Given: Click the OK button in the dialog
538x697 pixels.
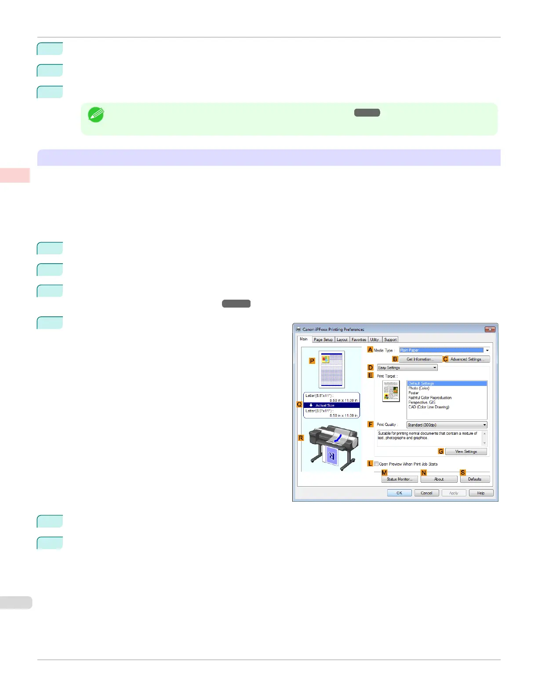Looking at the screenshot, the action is click(x=399, y=493).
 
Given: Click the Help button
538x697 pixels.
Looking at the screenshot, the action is click(x=481, y=493).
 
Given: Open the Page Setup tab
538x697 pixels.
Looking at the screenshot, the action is click(x=323, y=340).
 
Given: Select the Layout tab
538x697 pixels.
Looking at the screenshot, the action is click(x=342, y=340).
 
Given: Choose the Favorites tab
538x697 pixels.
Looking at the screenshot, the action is click(x=359, y=340).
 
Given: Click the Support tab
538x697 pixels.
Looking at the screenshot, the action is click(x=390, y=340).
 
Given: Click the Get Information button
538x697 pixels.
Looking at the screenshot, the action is click(x=420, y=359).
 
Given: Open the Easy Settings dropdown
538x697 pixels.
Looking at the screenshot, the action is click(x=407, y=367).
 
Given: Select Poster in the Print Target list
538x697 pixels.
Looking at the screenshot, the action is click(x=414, y=393).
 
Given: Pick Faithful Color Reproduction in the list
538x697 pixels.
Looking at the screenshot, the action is click(x=430, y=398).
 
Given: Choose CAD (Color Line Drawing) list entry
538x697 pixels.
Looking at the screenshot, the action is click(x=429, y=407).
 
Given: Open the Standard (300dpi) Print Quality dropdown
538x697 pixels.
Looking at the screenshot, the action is click(x=447, y=425).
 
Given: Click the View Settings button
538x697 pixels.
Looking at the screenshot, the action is click(x=466, y=451).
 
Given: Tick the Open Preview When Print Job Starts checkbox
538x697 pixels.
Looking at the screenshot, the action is click(x=376, y=464).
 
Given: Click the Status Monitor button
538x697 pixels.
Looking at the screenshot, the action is click(x=399, y=479).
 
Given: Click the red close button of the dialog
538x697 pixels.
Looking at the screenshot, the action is click(x=490, y=329).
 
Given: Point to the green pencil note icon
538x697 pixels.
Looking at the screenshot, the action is click(x=96, y=114).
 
